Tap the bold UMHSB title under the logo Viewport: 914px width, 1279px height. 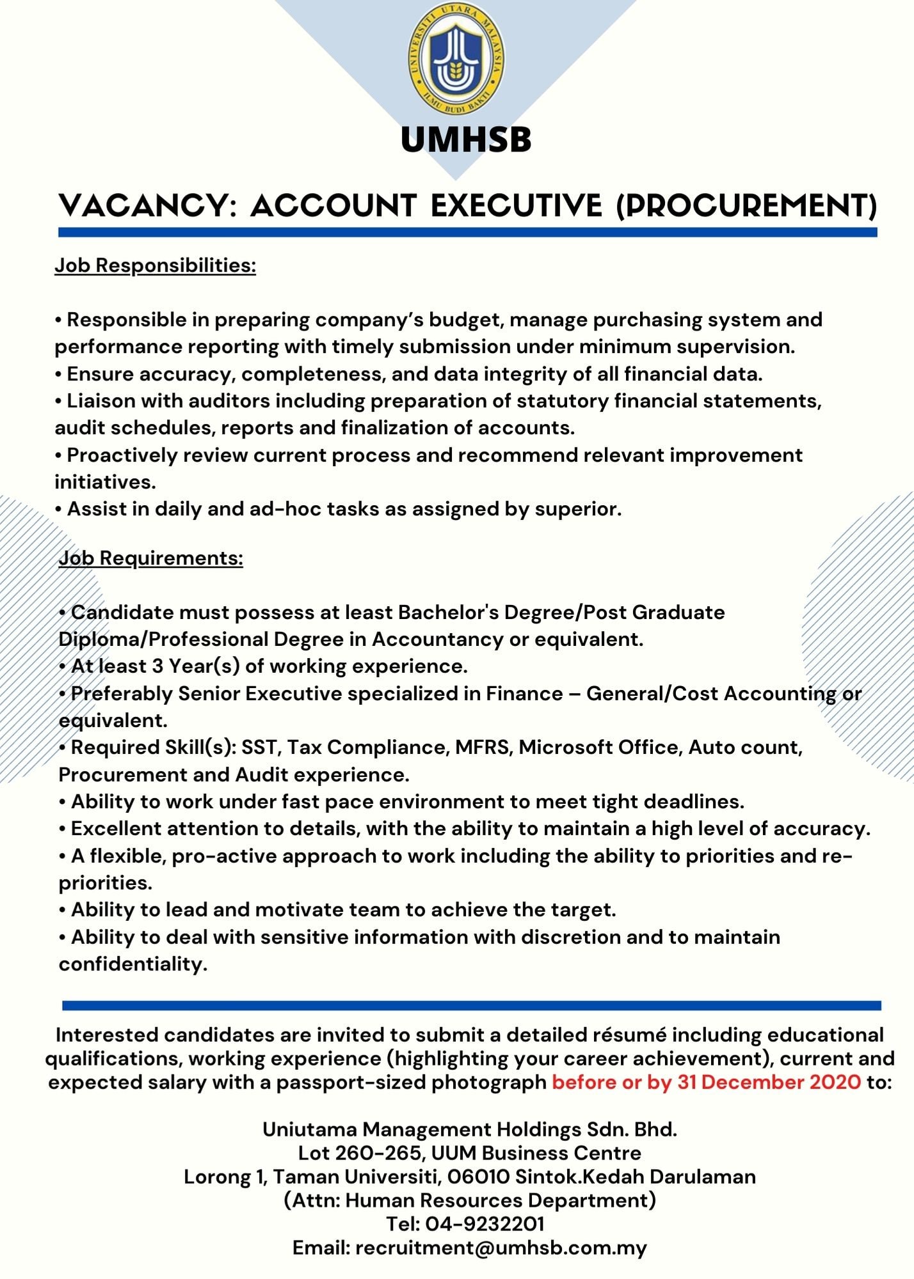click(x=466, y=139)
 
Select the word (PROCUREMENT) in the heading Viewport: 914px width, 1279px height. click(x=746, y=205)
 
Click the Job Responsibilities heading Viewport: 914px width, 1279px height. click(x=155, y=265)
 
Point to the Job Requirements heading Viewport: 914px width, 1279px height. click(x=151, y=558)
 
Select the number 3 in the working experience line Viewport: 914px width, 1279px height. click(x=157, y=666)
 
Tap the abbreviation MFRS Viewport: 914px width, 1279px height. click(x=483, y=748)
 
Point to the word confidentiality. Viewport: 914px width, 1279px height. click(x=133, y=964)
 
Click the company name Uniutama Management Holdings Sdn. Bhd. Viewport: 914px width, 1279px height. click(x=470, y=1129)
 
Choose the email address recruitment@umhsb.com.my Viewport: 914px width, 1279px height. click(x=501, y=1248)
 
